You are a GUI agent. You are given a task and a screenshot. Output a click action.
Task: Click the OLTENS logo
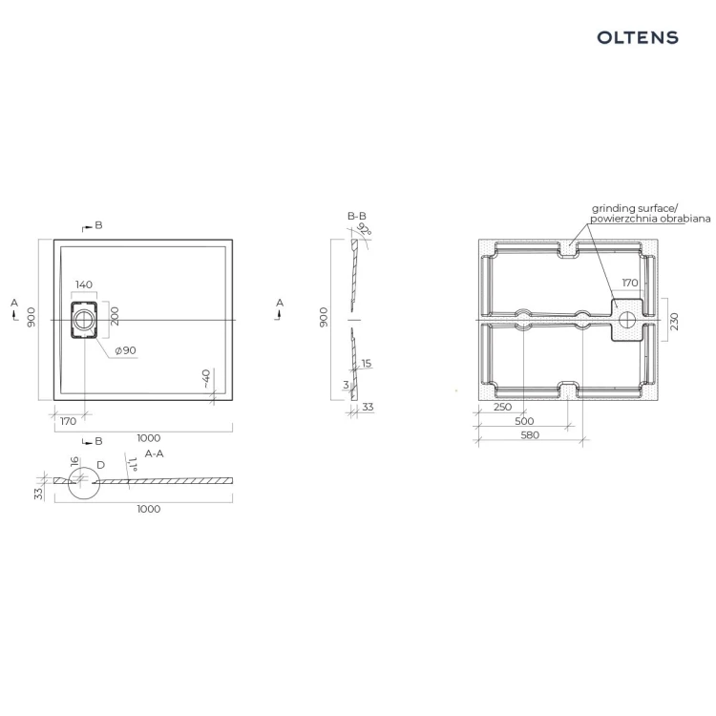[638, 37]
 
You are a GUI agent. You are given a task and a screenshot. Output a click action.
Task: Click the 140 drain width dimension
[84, 284]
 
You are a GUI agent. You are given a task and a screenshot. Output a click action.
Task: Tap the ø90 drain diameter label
[126, 350]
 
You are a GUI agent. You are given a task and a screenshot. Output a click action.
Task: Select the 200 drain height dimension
[115, 316]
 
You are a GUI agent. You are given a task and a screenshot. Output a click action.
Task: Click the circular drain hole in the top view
[84, 320]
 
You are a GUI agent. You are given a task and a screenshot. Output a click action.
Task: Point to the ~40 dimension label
[205, 379]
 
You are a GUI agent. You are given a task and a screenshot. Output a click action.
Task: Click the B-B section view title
[357, 216]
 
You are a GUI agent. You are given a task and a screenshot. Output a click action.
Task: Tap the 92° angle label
[365, 229]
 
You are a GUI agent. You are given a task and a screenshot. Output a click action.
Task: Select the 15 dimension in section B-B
[367, 364]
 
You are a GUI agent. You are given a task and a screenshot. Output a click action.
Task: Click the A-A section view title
[154, 453]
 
